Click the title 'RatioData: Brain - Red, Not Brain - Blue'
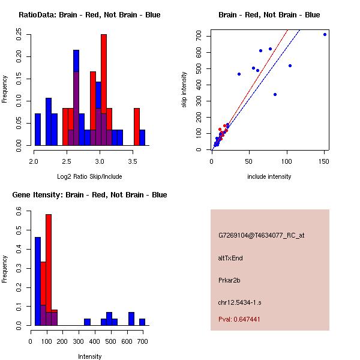tap(89, 15)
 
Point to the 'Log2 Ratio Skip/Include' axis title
tap(89, 176)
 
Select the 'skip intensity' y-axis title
tap(184, 90)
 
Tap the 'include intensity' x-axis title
tap(269, 176)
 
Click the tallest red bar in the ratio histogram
tap(104, 90)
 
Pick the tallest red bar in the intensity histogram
tap(49, 270)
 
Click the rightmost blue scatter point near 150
tap(325, 34)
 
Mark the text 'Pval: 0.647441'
tap(239, 320)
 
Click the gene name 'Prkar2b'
tap(229, 280)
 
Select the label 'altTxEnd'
tap(230, 258)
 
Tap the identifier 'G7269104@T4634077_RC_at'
tap(261, 236)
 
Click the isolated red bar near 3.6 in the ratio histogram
tap(137, 127)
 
